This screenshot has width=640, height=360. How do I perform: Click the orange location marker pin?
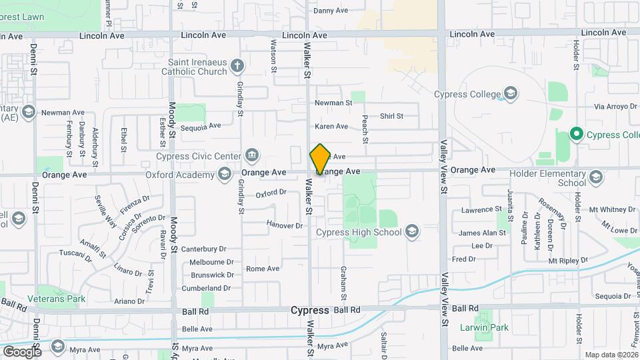point(320,159)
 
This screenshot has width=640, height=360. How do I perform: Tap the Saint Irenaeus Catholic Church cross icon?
point(237,65)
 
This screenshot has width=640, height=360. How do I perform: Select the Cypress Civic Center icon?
point(253,156)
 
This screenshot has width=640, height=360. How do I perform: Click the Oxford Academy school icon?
point(226,175)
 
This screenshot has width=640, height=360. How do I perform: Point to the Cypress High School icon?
point(412,232)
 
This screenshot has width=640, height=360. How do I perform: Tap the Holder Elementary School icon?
point(595,177)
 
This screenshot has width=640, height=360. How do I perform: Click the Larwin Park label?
point(484,327)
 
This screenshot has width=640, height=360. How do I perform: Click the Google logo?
point(21,351)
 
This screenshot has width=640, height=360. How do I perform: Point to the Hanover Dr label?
point(285,225)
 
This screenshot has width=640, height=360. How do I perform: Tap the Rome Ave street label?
point(263,269)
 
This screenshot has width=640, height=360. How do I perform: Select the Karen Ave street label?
point(331,126)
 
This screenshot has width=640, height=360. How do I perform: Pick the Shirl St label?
point(391,116)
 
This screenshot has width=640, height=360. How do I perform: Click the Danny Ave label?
point(331,11)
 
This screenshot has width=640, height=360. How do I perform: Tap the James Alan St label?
point(483,233)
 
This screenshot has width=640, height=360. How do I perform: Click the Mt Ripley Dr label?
point(568,260)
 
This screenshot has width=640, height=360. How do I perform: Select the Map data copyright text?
point(611,355)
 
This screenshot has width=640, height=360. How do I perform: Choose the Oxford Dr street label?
point(271,193)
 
